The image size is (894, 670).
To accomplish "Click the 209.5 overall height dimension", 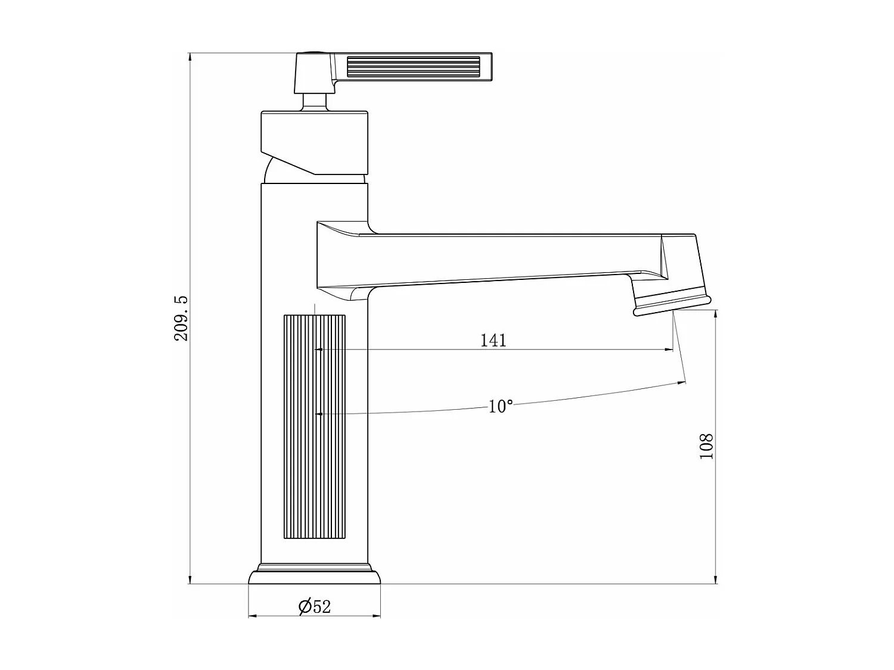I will click(x=181, y=318).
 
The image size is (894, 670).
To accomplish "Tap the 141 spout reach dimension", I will click(x=493, y=340).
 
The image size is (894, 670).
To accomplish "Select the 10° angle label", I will click(x=500, y=406).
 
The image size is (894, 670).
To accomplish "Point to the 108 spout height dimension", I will click(x=706, y=445).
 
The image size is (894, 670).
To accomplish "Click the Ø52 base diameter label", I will click(x=315, y=606).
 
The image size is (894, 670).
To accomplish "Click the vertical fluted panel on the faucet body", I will click(x=314, y=426).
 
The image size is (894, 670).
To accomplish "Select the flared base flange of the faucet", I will click(x=314, y=576).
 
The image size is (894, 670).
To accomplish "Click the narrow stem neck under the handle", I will click(x=314, y=101).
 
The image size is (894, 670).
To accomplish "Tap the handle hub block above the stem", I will click(x=313, y=73).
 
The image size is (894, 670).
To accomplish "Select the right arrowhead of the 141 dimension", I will click(x=669, y=350).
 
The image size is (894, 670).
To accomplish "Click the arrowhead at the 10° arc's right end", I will click(x=681, y=383).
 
